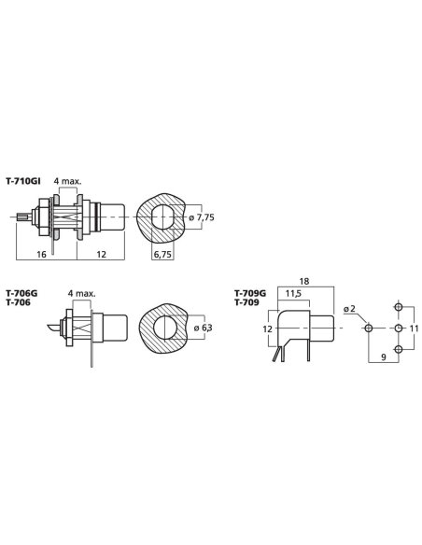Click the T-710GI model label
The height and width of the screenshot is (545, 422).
(x=23, y=181)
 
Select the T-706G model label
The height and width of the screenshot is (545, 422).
(x=21, y=293)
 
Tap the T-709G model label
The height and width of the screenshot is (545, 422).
(x=250, y=293)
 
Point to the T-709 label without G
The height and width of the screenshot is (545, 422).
(x=246, y=302)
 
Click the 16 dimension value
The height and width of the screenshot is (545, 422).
(x=41, y=255)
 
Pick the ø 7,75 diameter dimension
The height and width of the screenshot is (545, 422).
(x=202, y=217)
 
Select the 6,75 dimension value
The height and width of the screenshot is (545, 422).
(x=162, y=255)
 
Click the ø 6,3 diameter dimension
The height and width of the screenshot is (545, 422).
(x=203, y=328)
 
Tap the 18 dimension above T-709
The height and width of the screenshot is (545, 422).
(x=303, y=281)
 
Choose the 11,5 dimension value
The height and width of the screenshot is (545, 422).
(x=293, y=294)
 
